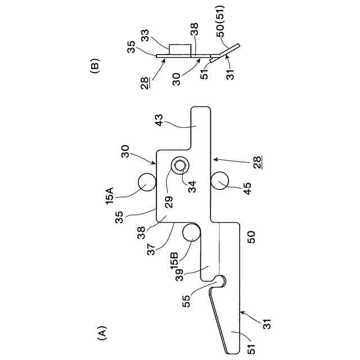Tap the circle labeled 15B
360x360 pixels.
point(191,232)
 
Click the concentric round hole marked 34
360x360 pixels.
point(180,165)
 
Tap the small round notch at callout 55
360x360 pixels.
point(220,280)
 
